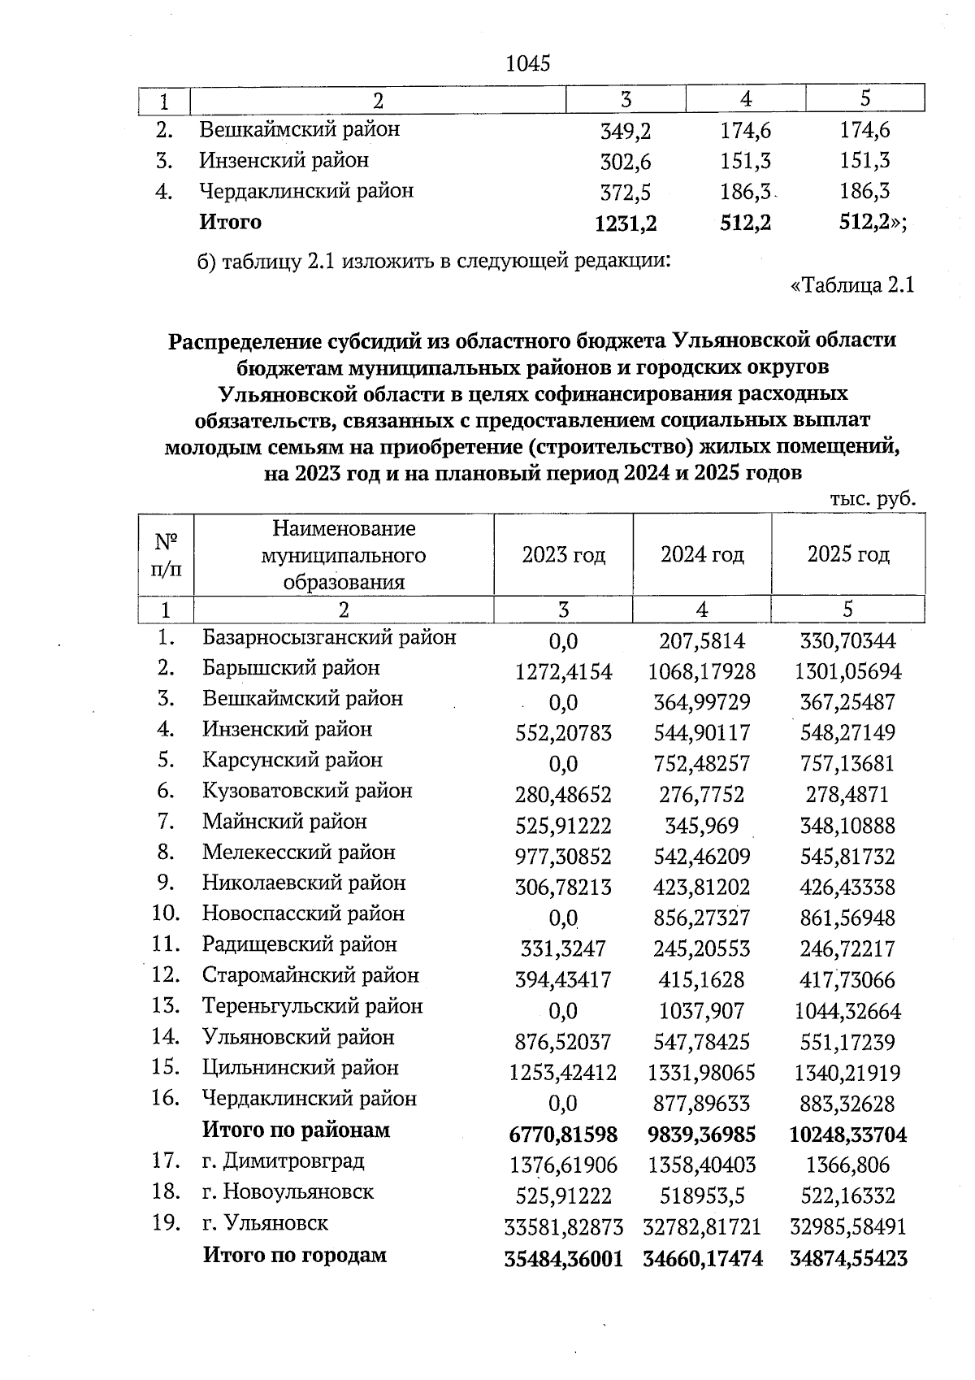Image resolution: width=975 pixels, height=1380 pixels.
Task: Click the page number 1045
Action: click(527, 63)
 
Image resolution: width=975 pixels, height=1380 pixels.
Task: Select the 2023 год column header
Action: click(563, 555)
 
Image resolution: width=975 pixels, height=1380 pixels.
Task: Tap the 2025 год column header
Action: click(847, 555)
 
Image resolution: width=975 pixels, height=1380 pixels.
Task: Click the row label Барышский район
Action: click(291, 668)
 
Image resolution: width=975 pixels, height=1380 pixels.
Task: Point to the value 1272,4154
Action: click(563, 672)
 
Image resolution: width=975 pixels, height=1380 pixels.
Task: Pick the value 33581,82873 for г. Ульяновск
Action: click(563, 1226)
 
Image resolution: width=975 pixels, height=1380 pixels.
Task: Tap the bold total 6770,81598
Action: click(563, 1135)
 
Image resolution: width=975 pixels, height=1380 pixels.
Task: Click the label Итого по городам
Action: click(294, 1255)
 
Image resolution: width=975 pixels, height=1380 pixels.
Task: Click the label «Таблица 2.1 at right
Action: click(852, 286)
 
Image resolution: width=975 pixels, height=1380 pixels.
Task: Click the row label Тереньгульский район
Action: click(312, 1006)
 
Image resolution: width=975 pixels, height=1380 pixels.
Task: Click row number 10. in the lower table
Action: click(166, 913)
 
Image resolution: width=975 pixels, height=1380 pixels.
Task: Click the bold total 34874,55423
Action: click(847, 1259)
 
